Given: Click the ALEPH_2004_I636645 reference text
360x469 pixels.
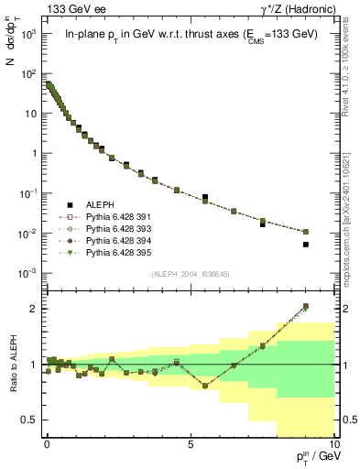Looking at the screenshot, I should (x=191, y=275).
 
